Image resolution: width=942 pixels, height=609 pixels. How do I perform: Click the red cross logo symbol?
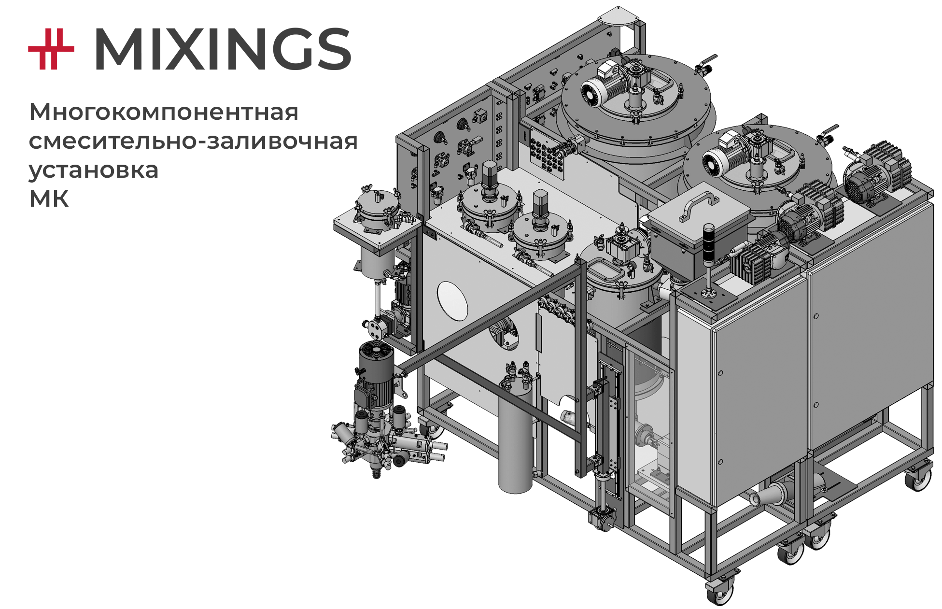point(51,49)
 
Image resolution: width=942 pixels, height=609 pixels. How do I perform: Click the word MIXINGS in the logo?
point(223,49)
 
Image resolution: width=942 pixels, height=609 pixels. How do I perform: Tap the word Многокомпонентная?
point(164,112)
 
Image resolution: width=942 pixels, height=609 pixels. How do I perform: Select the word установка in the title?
point(94,170)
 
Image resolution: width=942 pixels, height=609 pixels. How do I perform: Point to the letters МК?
point(49,199)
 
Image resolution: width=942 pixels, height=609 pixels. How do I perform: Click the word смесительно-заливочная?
point(193,141)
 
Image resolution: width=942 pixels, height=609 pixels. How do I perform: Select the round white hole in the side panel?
point(452,300)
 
